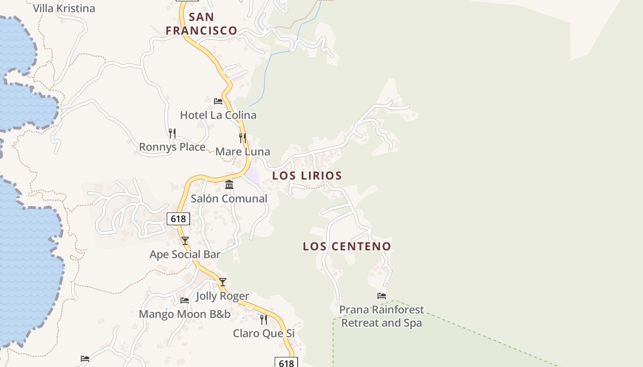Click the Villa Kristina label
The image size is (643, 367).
coord(64,8)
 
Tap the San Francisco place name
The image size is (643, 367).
coord(201,24)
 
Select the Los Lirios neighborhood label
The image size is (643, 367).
coord(307,175)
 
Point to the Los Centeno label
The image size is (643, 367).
coord(347,246)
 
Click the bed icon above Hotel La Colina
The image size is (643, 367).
coord(218,101)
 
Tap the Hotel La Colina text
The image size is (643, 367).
coord(218,115)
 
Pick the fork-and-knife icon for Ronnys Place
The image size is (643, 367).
coord(172,133)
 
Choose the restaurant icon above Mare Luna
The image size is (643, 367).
coord(243,138)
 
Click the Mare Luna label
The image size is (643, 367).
coord(243,152)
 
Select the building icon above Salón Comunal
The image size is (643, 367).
coord(229,184)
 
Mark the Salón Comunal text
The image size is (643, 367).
coord(229,199)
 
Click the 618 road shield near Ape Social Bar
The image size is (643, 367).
coord(178,219)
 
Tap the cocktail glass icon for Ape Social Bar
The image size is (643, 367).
coord(185,240)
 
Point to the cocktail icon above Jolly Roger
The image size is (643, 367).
coord(223,282)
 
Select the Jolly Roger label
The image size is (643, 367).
coord(223,296)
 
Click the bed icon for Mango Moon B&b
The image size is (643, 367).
coord(185,300)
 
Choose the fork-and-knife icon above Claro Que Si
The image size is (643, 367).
coord(264,319)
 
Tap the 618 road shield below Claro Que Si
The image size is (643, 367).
coord(286,363)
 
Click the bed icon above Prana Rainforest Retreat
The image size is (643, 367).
coord(381,296)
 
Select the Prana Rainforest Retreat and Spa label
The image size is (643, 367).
coord(381,316)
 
